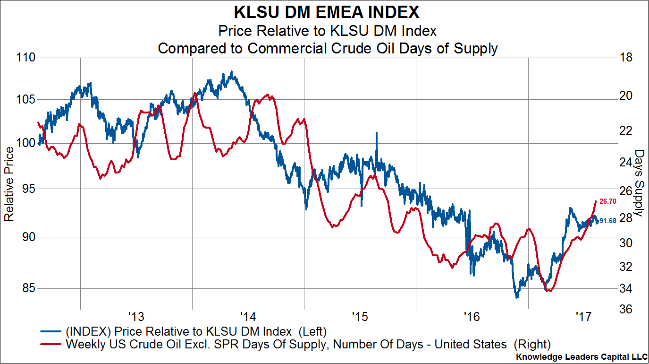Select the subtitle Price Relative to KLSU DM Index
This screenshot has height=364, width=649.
[x=327, y=31]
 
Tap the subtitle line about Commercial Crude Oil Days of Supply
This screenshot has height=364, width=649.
[x=327, y=48]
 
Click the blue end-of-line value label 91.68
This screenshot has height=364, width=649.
[x=608, y=221]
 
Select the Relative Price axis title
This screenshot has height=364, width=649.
[x=9, y=183]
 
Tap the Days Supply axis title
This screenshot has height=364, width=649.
[x=639, y=183]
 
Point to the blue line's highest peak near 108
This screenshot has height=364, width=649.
[x=231, y=72]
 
